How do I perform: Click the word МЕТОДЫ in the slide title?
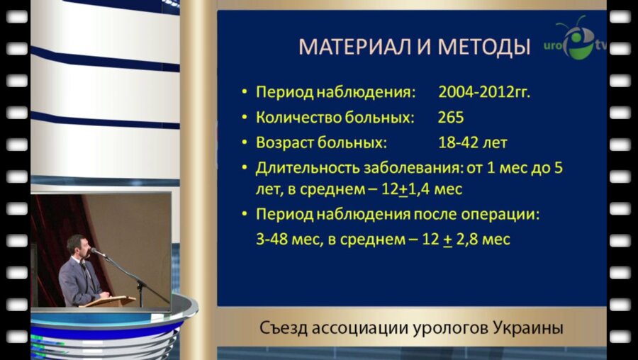[484, 47]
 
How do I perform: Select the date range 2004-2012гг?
[484, 92]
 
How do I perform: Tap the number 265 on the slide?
[451, 117]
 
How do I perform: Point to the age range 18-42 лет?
[473, 142]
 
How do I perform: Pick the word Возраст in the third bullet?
[284, 142]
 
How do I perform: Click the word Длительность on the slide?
[308, 168]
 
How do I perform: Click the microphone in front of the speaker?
[99, 253]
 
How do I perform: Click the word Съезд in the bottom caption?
[281, 329]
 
